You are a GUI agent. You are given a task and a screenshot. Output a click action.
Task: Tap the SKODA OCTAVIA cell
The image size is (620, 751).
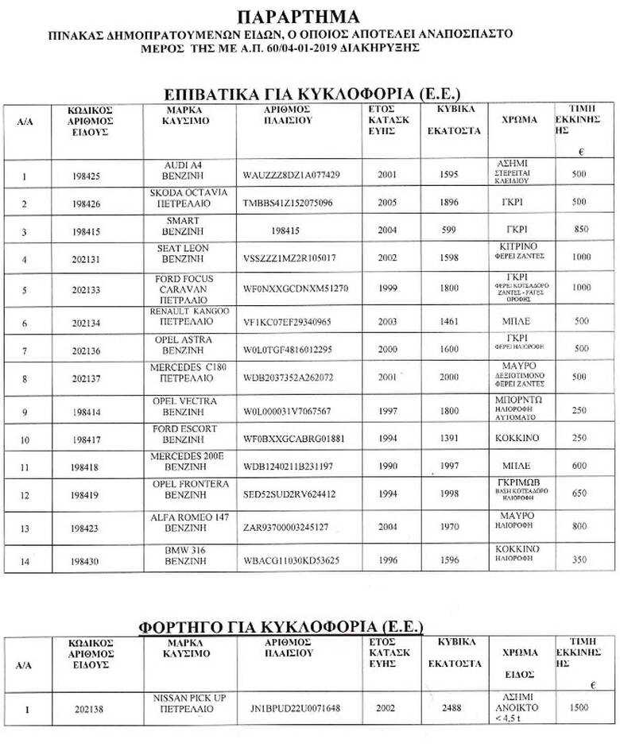[189, 198]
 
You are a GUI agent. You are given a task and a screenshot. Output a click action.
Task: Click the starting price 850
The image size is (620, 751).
[580, 230]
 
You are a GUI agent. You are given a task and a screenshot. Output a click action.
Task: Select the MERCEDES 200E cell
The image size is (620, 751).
[189, 461]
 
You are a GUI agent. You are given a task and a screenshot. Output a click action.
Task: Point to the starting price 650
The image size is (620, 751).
[580, 494]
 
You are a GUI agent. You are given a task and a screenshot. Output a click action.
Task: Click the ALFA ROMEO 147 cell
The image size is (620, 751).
[189, 522]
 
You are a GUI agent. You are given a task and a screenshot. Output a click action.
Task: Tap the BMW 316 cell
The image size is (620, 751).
[189, 555]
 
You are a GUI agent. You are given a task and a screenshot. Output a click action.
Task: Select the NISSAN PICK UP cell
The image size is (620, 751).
[189, 703]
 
